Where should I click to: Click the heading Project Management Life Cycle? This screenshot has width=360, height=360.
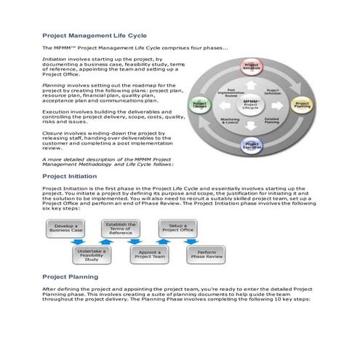click(x=95, y=35)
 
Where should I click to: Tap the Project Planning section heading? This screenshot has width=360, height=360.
click(x=71, y=277)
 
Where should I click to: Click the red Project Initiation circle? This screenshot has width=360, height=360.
click(x=252, y=66)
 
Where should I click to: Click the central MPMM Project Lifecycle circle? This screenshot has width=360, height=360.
click(x=252, y=104)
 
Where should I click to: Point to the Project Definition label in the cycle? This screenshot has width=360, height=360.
click(x=272, y=92)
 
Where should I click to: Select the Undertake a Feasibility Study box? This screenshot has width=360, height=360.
click(x=92, y=254)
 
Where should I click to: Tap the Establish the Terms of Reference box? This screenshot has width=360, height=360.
click(x=120, y=230)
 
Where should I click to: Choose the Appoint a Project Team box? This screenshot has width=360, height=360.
click(x=149, y=254)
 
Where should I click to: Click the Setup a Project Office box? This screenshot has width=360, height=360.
click(x=178, y=230)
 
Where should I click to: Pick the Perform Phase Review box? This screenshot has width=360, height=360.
click(x=207, y=254)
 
